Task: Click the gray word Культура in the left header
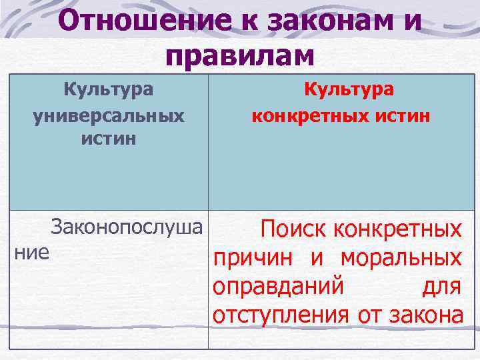(108, 89)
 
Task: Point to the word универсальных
(108, 115)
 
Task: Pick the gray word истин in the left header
(108, 139)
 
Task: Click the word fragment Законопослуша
(126, 228)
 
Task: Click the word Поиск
(294, 230)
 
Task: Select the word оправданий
(278, 286)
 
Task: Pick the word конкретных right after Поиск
(397, 230)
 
